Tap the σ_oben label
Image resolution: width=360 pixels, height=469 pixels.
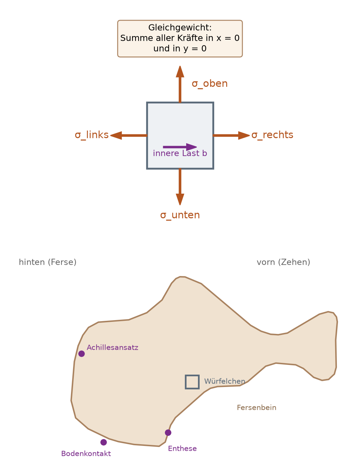click(210, 83)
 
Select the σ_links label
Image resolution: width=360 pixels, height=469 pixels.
click(92, 135)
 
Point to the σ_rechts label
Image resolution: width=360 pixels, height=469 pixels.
click(272, 135)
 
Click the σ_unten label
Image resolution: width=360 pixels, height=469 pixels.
click(180, 215)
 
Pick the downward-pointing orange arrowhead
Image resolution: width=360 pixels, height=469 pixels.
click(180, 199)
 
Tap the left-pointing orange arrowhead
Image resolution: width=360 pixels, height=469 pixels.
click(116, 135)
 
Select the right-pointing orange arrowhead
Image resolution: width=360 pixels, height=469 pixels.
click(244, 135)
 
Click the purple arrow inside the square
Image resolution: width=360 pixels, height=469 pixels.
click(180, 147)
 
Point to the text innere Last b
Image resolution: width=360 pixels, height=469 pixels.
click(180, 153)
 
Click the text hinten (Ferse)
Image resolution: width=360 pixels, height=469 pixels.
click(48, 262)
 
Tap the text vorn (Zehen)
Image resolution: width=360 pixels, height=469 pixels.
click(283, 262)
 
